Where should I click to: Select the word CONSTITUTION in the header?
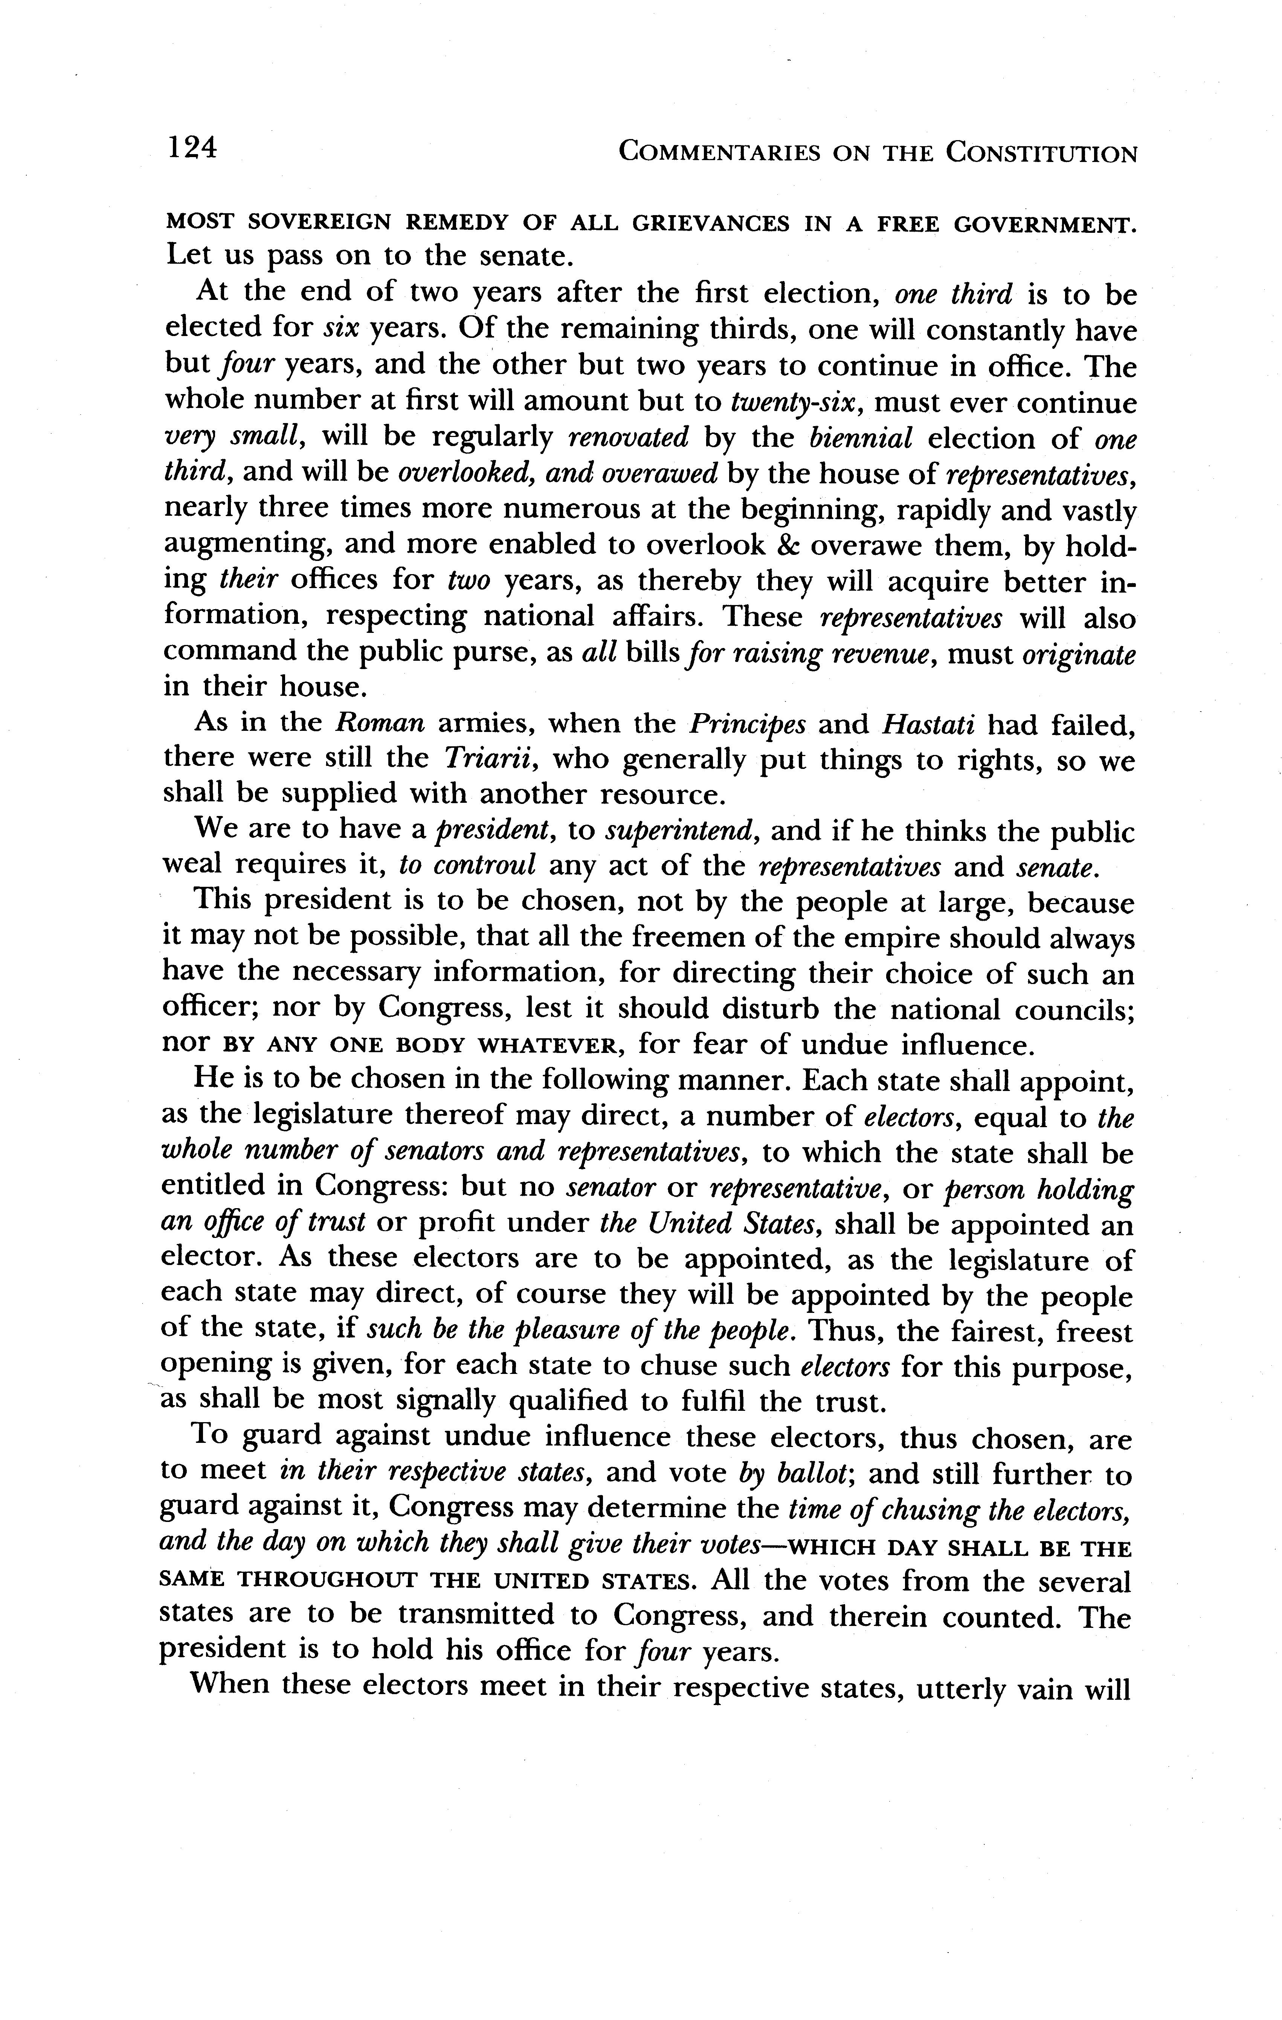(1041, 153)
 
